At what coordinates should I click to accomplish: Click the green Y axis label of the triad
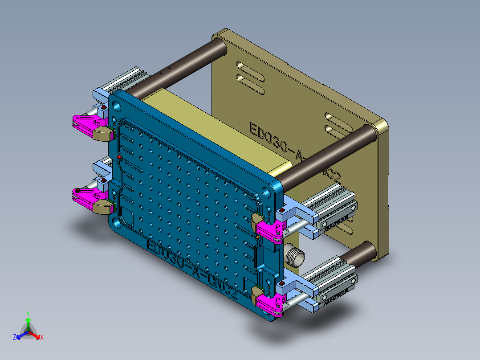28,313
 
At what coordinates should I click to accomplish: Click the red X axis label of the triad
41,337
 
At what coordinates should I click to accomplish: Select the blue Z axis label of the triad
15,337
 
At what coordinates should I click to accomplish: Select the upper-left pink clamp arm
87,121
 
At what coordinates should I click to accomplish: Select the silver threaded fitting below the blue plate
294,256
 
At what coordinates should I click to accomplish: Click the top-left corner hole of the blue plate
117,106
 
